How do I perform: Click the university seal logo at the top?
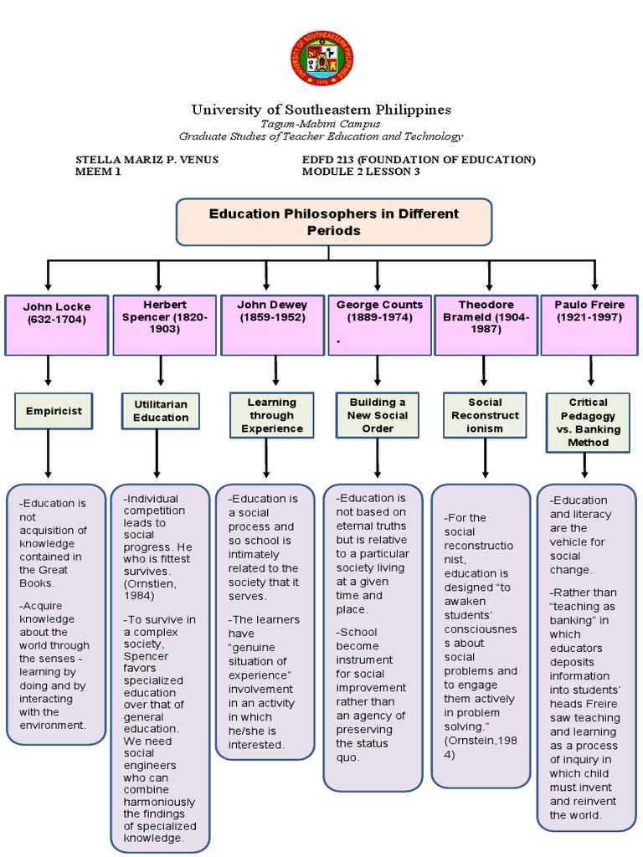point(321,59)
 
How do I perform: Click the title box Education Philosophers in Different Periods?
point(333,222)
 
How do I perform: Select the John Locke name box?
point(56,324)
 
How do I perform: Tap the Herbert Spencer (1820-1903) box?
point(165,324)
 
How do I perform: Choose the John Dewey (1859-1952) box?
point(272,324)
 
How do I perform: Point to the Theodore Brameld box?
point(483,324)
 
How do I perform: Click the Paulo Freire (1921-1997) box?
point(589,324)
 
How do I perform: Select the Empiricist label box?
point(53,411)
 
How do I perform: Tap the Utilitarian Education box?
point(161,411)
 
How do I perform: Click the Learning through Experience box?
point(272,415)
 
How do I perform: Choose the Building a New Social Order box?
point(378,415)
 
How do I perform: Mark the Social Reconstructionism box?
point(485,415)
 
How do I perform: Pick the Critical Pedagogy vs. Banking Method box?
point(588,423)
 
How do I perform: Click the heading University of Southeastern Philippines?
point(321,110)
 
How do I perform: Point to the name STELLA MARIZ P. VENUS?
point(147,160)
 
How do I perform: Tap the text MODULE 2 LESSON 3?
point(361,172)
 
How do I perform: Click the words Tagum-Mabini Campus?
point(321,124)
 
